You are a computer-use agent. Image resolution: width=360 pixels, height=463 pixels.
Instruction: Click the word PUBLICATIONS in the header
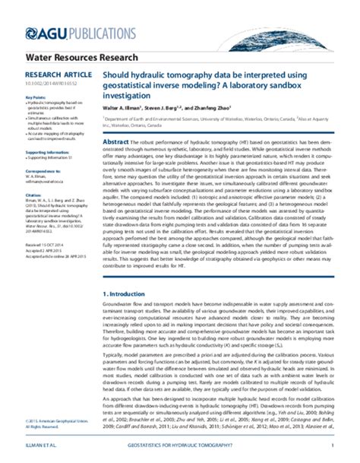coord(90,32)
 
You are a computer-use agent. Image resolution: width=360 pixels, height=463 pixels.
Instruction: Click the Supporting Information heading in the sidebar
coord(49,151)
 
